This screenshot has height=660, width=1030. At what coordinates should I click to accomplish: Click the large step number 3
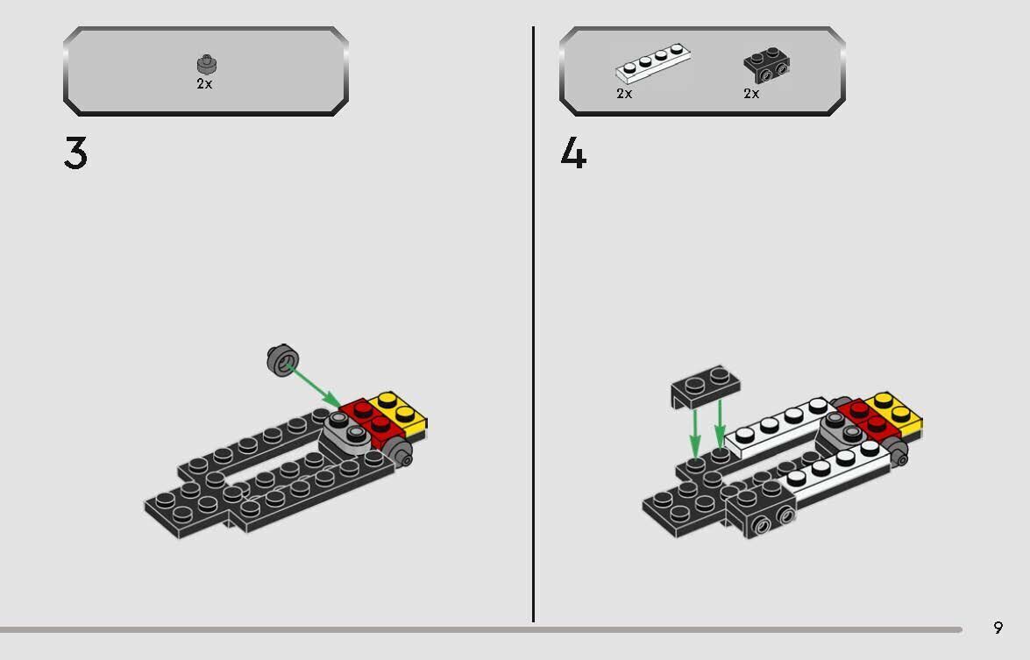(75, 154)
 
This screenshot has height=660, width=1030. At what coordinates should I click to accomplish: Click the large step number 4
(573, 154)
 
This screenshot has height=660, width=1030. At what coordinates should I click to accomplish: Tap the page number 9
(998, 628)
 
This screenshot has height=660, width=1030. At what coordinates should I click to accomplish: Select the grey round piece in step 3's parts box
(206, 65)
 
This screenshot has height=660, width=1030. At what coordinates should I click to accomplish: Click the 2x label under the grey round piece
(204, 84)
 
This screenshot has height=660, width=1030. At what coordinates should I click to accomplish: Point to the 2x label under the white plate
(624, 94)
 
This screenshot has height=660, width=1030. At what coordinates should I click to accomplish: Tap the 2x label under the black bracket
(751, 94)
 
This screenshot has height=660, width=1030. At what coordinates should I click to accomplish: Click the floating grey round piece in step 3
(282, 358)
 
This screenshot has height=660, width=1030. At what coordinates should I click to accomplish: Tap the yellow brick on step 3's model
(400, 412)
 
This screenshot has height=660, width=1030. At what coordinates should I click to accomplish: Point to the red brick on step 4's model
(864, 416)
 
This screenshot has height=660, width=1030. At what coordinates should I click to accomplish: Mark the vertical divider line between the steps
(533, 324)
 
